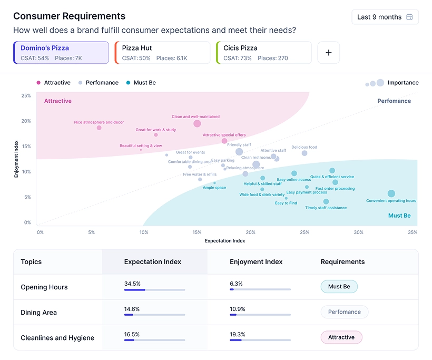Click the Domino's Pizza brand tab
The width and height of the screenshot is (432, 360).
[x=61, y=53]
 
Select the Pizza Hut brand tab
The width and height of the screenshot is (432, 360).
[x=162, y=53]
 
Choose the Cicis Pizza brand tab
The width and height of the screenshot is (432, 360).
[x=263, y=53]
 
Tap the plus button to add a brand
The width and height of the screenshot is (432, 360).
[x=329, y=53]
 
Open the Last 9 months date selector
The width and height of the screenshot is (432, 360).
[x=385, y=17]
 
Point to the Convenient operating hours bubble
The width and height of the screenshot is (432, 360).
[x=391, y=194]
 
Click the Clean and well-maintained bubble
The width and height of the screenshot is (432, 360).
[x=197, y=123]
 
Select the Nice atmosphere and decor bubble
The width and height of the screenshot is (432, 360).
[x=99, y=128]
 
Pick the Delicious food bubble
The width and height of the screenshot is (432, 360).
[x=305, y=153]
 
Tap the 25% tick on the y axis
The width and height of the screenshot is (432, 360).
[x=26, y=96]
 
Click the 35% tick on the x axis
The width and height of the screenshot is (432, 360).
[x=413, y=232]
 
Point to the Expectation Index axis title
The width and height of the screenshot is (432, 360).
[x=225, y=241]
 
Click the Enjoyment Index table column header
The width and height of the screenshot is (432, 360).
[x=256, y=261]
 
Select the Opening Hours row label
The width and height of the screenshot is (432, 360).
[x=44, y=287]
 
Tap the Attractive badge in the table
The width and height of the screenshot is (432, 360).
[x=341, y=337]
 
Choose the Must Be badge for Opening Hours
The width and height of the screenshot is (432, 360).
[x=339, y=287]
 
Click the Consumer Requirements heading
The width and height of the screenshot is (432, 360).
[x=70, y=16]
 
